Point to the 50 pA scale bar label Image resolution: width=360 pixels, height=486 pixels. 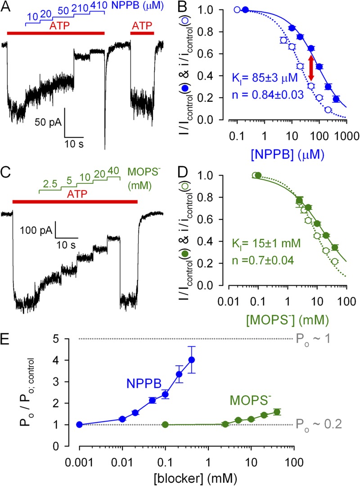(x=47, y=122)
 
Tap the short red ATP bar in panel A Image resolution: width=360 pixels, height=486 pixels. (x=142, y=33)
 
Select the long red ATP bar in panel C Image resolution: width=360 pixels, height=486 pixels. (x=75, y=201)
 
